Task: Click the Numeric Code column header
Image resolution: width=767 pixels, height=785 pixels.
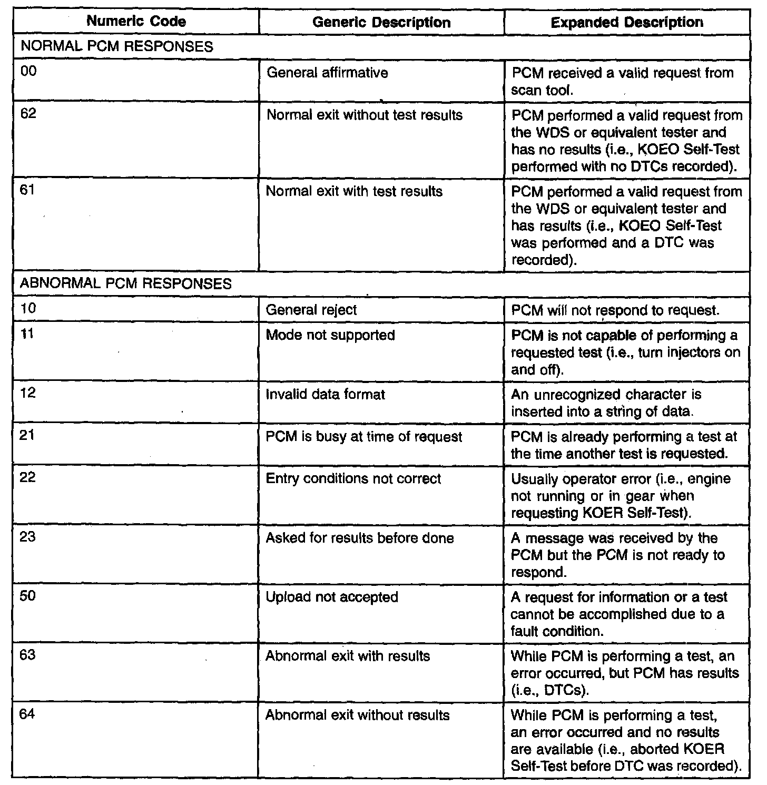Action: click(x=136, y=22)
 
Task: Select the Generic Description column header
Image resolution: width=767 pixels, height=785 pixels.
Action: click(x=381, y=23)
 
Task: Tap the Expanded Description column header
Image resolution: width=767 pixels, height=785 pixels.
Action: click(x=626, y=23)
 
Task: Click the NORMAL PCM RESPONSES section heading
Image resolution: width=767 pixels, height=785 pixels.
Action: click(x=116, y=46)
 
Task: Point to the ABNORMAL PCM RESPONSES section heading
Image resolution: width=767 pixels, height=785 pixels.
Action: click(x=125, y=284)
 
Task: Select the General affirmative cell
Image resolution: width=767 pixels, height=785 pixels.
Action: click(x=327, y=72)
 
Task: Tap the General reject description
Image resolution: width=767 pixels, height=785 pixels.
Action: click(x=311, y=310)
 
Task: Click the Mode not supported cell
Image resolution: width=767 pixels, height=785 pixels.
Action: click(x=330, y=335)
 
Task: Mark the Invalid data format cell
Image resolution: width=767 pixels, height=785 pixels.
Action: click(x=325, y=394)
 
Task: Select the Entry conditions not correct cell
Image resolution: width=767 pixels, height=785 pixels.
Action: click(x=353, y=479)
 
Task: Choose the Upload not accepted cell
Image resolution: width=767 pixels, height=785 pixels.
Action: click(x=332, y=597)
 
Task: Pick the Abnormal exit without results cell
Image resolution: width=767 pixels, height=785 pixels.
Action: click(x=358, y=715)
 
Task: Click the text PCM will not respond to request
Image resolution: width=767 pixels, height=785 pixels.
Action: click(x=615, y=310)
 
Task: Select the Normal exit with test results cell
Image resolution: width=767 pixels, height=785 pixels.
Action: click(x=354, y=191)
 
